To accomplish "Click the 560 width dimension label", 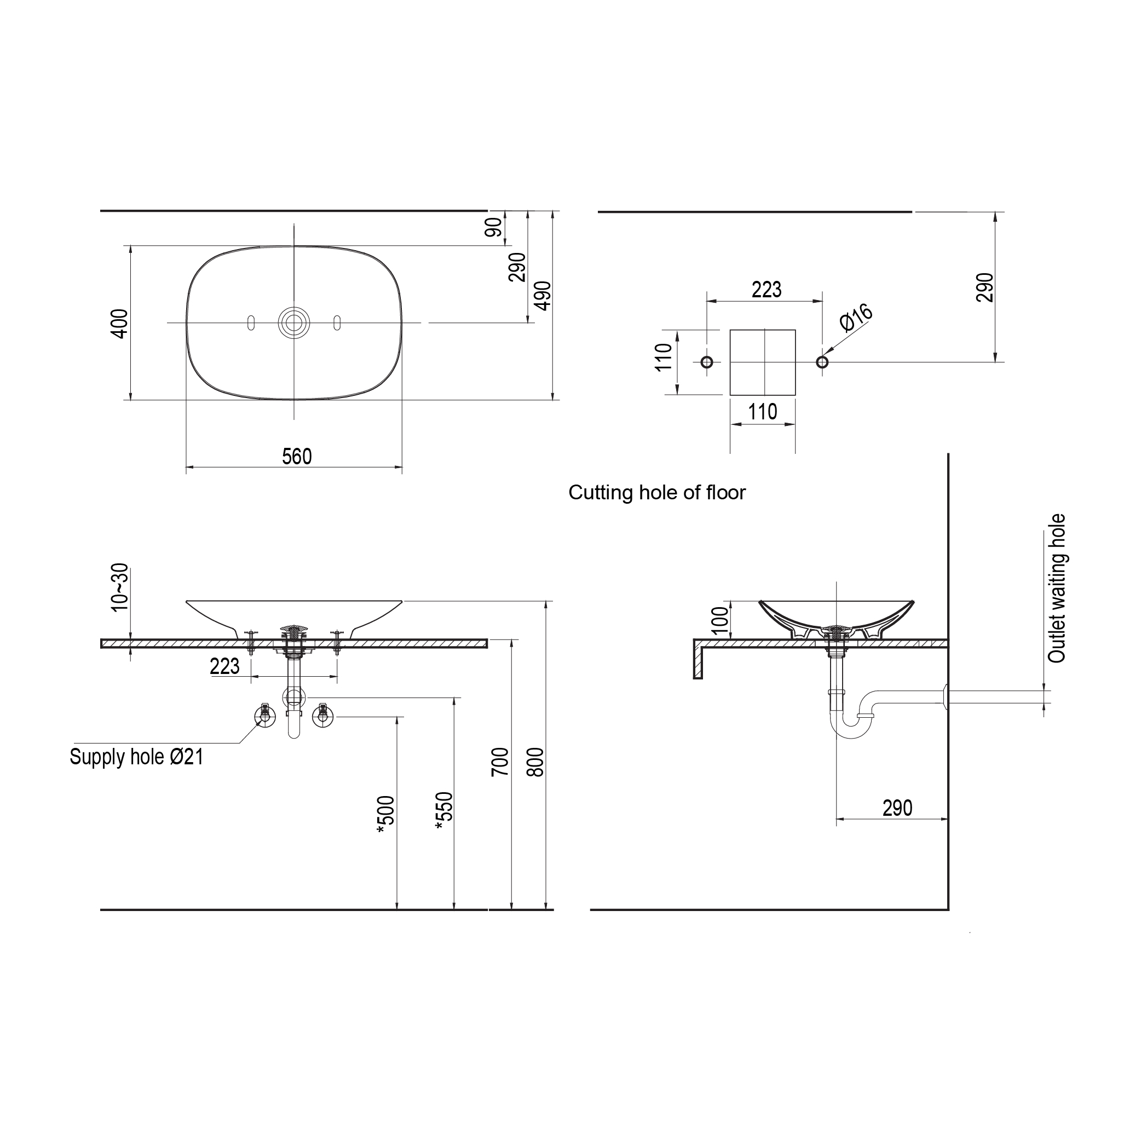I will pos(296,457).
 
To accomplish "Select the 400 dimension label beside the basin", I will pos(119,324).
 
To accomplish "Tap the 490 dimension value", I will pos(543,295).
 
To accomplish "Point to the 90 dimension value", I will pos(494,227).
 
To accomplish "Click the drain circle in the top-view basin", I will pos(293,322).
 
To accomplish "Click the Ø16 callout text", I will pos(856,317).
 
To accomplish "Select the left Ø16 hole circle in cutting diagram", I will pos(706,362).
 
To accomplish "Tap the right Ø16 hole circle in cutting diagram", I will pos(821,362).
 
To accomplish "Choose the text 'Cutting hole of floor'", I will pos(656,493).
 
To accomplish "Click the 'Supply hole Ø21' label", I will pos(136,757).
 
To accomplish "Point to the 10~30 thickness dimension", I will pos(119,587).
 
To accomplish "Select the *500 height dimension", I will pos(385,816).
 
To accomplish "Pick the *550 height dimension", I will pos(443,811).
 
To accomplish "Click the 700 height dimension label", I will pos(500,762).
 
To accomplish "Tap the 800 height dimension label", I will pos(534,762).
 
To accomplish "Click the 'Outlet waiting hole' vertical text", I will pos(1057,588).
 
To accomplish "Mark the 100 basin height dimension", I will pos(720,621).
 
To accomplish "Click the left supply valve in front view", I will pos(265,715).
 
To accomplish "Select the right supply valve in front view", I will pos(322,715).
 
